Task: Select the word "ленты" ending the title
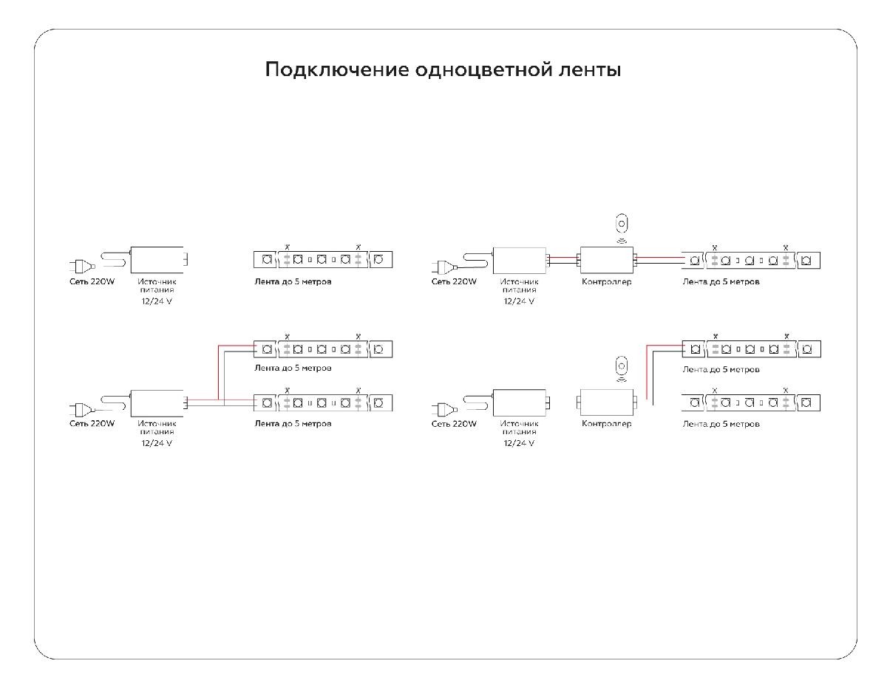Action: point(591,70)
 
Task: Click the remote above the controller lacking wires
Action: point(622,366)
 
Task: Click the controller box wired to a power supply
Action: point(607,259)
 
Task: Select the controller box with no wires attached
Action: point(605,402)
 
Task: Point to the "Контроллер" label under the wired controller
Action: point(607,281)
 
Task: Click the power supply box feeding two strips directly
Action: point(157,402)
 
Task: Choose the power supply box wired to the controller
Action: point(520,259)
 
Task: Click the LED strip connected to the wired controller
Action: point(750,260)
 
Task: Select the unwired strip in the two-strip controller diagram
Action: point(750,403)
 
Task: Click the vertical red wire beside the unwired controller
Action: point(648,373)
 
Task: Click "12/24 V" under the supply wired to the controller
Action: point(519,301)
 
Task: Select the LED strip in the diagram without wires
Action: point(322,260)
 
